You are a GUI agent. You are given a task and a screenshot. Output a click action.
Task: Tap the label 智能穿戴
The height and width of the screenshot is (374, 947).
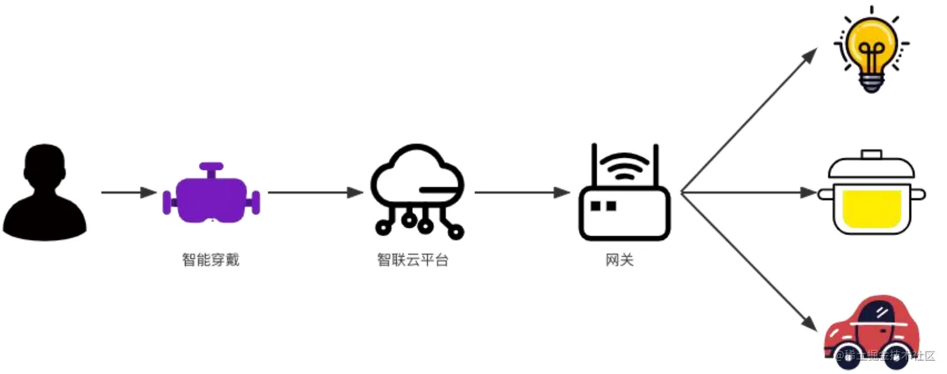coord(211,260)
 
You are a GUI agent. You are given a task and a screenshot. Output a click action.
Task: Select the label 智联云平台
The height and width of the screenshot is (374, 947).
coord(413,260)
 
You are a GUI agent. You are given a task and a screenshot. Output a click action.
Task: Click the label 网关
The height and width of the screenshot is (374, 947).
coord(620,260)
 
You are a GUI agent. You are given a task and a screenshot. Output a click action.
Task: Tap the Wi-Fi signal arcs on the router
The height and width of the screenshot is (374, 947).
coord(624,166)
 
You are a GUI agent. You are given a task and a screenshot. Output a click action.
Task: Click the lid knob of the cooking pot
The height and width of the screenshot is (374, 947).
coord(871,153)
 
